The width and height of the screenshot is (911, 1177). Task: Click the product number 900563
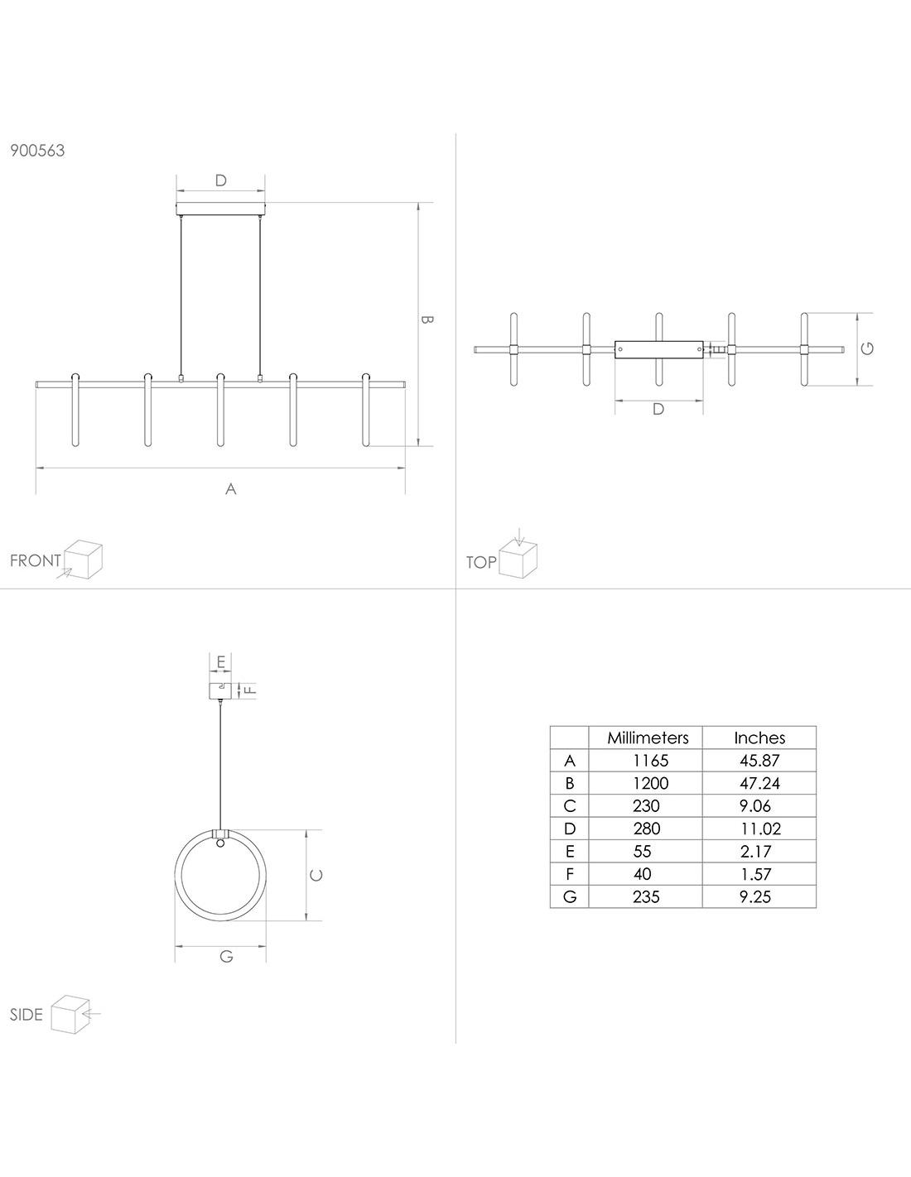37,151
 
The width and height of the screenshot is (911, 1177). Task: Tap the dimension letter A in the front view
231,489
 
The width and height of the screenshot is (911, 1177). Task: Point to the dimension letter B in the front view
427,319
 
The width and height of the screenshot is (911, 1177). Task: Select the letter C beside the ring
316,875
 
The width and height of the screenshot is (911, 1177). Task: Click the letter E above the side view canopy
220,662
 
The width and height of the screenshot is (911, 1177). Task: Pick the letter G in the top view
867,348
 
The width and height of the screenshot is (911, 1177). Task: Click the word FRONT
36,560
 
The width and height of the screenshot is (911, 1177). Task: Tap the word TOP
481,563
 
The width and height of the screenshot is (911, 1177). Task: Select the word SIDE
26,1015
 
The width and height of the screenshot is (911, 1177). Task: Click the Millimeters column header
648,737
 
